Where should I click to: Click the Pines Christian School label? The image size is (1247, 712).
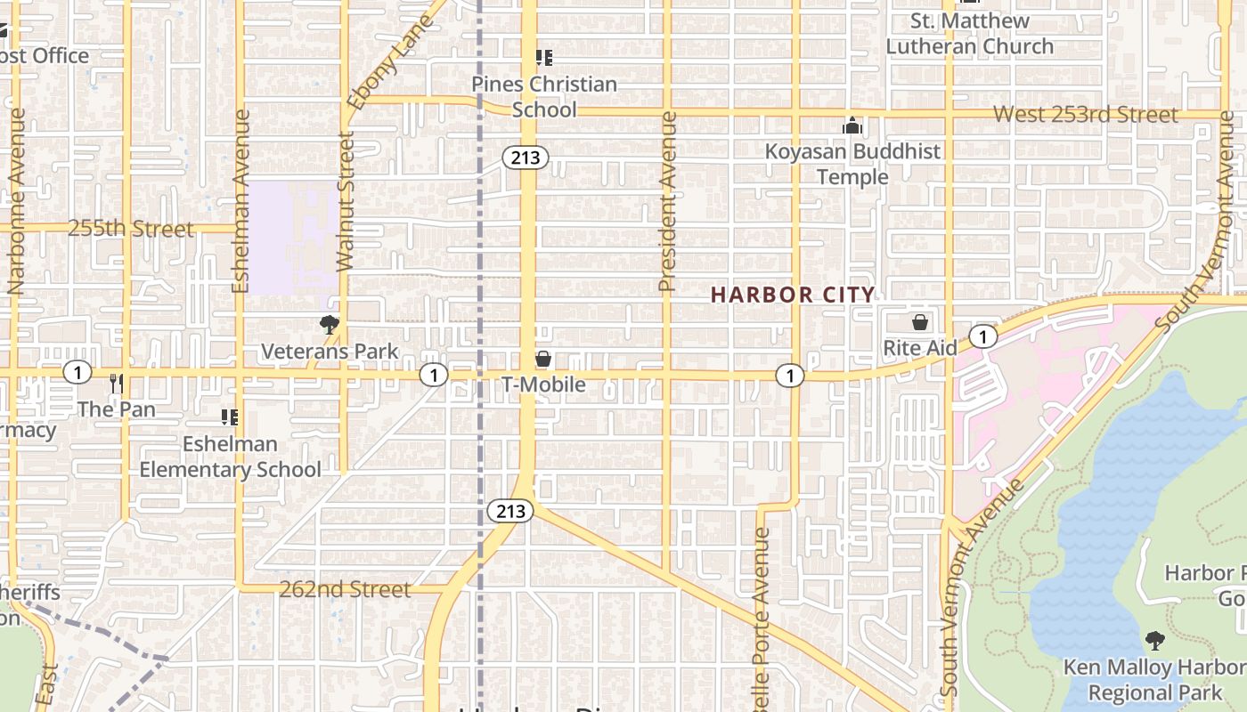coord(543,97)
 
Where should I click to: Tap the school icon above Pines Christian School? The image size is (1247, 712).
coord(543,59)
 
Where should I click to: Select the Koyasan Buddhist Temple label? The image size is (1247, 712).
coord(852,164)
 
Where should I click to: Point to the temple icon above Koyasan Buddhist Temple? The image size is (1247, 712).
coord(852,126)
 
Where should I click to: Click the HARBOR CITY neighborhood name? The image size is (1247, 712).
coord(793,295)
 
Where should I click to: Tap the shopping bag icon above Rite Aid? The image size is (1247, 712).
coord(919,322)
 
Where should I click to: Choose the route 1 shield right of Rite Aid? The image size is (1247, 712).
coord(982,336)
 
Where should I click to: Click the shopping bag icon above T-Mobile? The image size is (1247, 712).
coord(542,360)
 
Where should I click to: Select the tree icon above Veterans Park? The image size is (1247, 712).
coord(330,326)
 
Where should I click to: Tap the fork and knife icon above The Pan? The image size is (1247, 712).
coord(116,384)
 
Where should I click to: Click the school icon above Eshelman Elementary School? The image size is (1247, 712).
coord(230,417)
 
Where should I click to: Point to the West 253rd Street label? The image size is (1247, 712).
coord(1085,114)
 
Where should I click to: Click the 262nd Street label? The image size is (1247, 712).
coord(345,589)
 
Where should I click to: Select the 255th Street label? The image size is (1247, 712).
coord(130,229)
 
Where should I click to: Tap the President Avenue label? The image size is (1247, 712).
coord(667,202)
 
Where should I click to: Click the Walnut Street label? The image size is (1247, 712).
coord(346,200)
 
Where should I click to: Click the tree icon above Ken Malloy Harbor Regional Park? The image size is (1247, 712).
coord(1154,640)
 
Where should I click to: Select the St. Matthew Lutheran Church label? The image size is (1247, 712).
coord(969,33)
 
